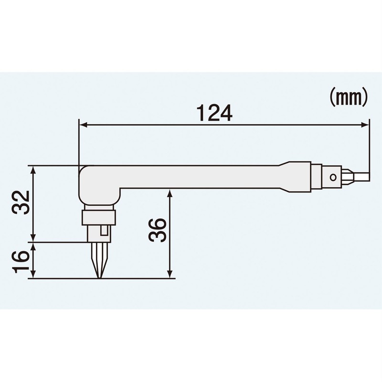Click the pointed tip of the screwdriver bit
point(99,276)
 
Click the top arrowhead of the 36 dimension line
point(170,192)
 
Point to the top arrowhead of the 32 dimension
point(33,170)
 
